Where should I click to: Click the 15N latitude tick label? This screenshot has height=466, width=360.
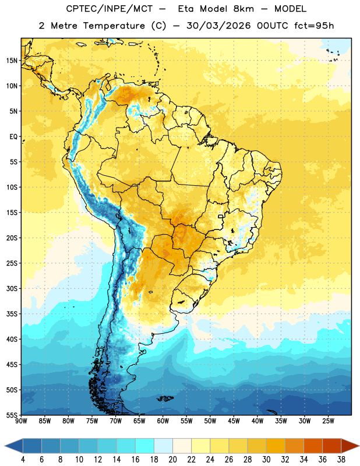pyautogui.click(x=12, y=61)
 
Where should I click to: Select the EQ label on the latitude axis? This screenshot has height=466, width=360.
pyautogui.click(x=13, y=137)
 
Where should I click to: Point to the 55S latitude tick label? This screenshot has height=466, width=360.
pyautogui.click(x=12, y=415)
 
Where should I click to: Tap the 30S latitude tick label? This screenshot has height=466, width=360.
pyautogui.click(x=12, y=288)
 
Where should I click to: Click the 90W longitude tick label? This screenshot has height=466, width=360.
pyautogui.click(x=21, y=421)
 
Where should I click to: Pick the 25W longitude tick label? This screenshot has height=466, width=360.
pyautogui.click(x=328, y=421)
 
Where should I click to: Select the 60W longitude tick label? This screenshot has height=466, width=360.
pyautogui.click(x=163, y=421)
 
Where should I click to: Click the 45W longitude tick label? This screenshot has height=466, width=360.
pyautogui.click(x=234, y=421)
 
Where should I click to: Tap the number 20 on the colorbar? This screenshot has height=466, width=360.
pyautogui.click(x=172, y=460)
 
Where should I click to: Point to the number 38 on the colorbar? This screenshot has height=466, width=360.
pyautogui.click(x=341, y=460)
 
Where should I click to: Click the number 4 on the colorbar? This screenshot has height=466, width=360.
pyautogui.click(x=23, y=460)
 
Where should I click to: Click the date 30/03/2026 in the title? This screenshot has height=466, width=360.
pyautogui.click(x=218, y=26)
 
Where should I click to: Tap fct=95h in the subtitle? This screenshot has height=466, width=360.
pyautogui.click(x=314, y=26)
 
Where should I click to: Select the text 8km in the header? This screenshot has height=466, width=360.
pyautogui.click(x=243, y=9)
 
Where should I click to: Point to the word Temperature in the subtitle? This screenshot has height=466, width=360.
pyautogui.click(x=114, y=26)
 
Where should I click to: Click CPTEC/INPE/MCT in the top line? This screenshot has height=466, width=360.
pyautogui.click(x=109, y=9)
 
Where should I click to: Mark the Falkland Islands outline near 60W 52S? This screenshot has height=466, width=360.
pyautogui.click(x=165, y=398)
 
